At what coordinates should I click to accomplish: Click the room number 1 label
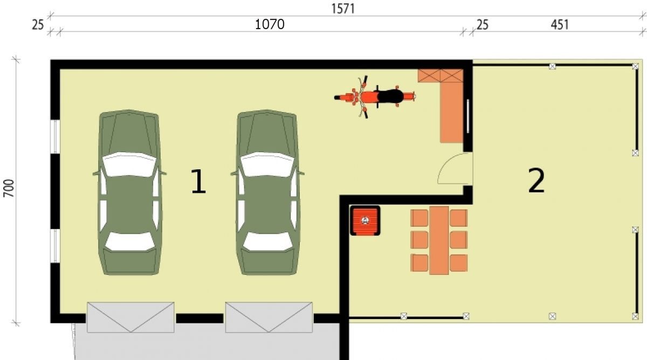[199, 181]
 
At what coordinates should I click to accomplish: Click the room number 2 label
[536, 181]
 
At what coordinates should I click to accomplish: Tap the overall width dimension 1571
[343, 9]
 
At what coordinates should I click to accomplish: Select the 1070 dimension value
[270, 24]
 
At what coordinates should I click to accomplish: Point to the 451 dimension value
[560, 25]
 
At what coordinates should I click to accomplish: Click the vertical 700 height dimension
[9, 188]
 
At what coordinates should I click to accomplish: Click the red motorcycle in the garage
[375, 97]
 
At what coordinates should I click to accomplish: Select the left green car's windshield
[129, 164]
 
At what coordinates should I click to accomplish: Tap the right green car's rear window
[267, 241]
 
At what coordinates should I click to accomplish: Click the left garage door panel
[130, 317]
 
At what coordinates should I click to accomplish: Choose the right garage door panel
[269, 317]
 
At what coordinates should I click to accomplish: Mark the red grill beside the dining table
[365, 220]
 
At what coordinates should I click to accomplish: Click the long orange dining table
[439, 240]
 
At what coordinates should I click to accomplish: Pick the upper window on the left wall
[55, 136]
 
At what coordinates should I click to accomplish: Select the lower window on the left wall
[55, 246]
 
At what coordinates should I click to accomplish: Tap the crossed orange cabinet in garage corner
[440, 75]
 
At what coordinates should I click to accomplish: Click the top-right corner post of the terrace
[635, 66]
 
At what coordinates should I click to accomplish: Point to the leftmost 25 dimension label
[38, 25]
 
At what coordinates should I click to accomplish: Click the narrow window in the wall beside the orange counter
[468, 116]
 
